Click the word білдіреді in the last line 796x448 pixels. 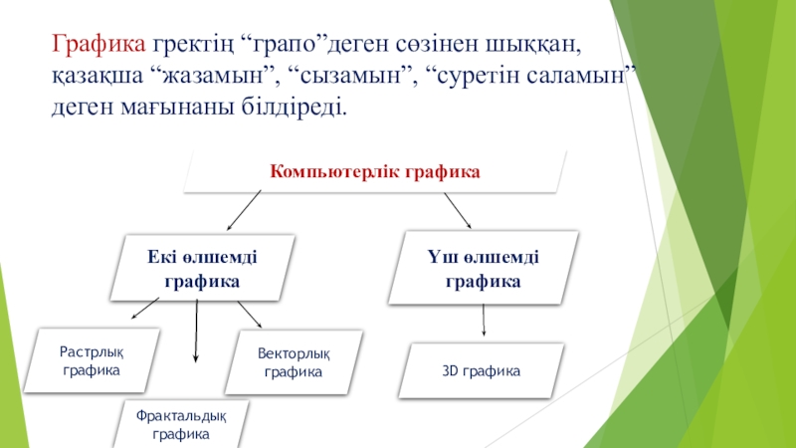(x=298, y=106)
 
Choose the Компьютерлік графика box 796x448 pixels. (x=375, y=172)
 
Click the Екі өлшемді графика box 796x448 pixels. (x=202, y=268)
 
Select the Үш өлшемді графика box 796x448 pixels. (x=484, y=268)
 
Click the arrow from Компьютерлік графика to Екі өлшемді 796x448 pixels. (x=244, y=210)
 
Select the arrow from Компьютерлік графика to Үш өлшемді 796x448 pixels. (x=457, y=209)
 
